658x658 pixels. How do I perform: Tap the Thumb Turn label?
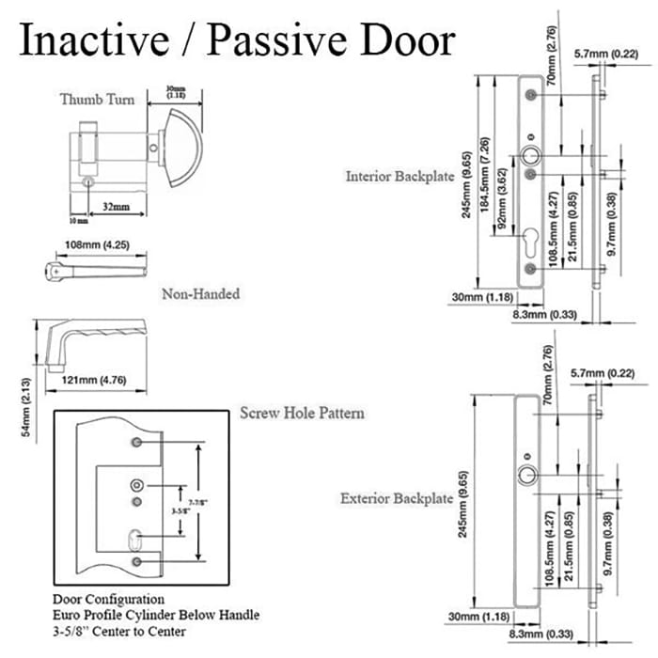click(98, 100)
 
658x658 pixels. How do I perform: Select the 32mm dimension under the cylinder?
click(116, 206)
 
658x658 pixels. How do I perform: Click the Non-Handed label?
click(200, 294)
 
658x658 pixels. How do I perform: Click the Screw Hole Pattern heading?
click(302, 413)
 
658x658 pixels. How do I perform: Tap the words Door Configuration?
click(109, 598)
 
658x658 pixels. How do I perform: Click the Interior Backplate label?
click(399, 176)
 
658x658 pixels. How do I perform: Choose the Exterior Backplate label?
click(398, 497)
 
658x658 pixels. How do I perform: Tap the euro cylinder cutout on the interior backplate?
click(531, 240)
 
